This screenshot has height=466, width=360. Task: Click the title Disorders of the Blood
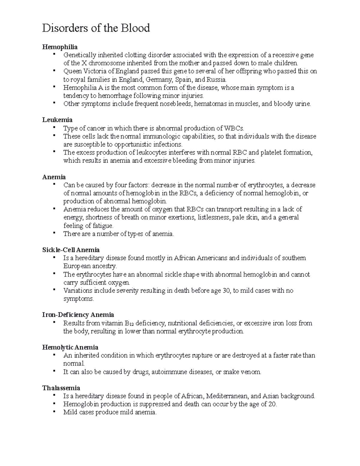pos(96,28)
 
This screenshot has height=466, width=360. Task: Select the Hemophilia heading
pos(60,47)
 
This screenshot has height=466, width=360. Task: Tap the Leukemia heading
pos(57,120)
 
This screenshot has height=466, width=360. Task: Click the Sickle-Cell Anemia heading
pos(71,250)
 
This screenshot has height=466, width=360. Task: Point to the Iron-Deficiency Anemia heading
pos(78,315)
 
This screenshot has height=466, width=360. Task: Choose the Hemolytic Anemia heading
pos(70,347)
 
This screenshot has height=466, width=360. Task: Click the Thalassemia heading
pos(61,388)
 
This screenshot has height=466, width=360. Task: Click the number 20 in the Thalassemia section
pos(272,404)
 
